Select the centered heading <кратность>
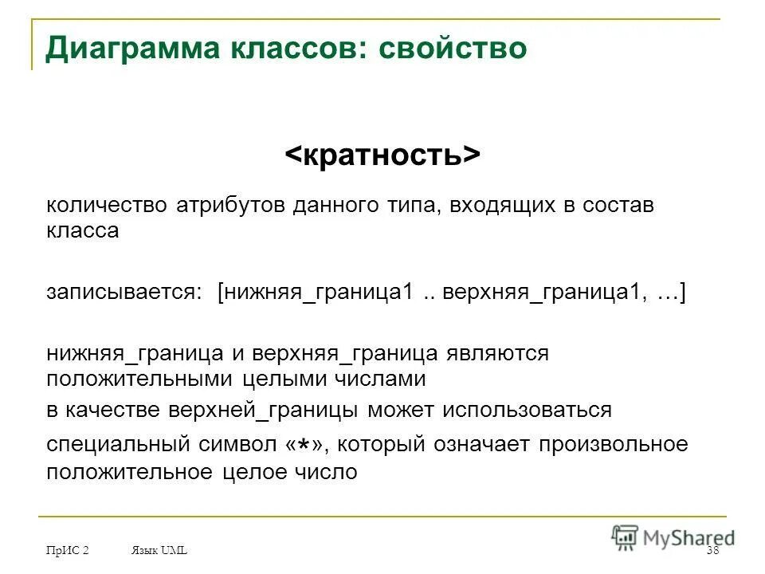pyautogui.click(x=382, y=155)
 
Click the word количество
pyautogui.click(x=104, y=206)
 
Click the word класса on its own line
pyautogui.click(x=82, y=231)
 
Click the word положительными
pyautogui.click(x=139, y=378)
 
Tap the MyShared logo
pyautogui.click(x=674, y=537)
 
